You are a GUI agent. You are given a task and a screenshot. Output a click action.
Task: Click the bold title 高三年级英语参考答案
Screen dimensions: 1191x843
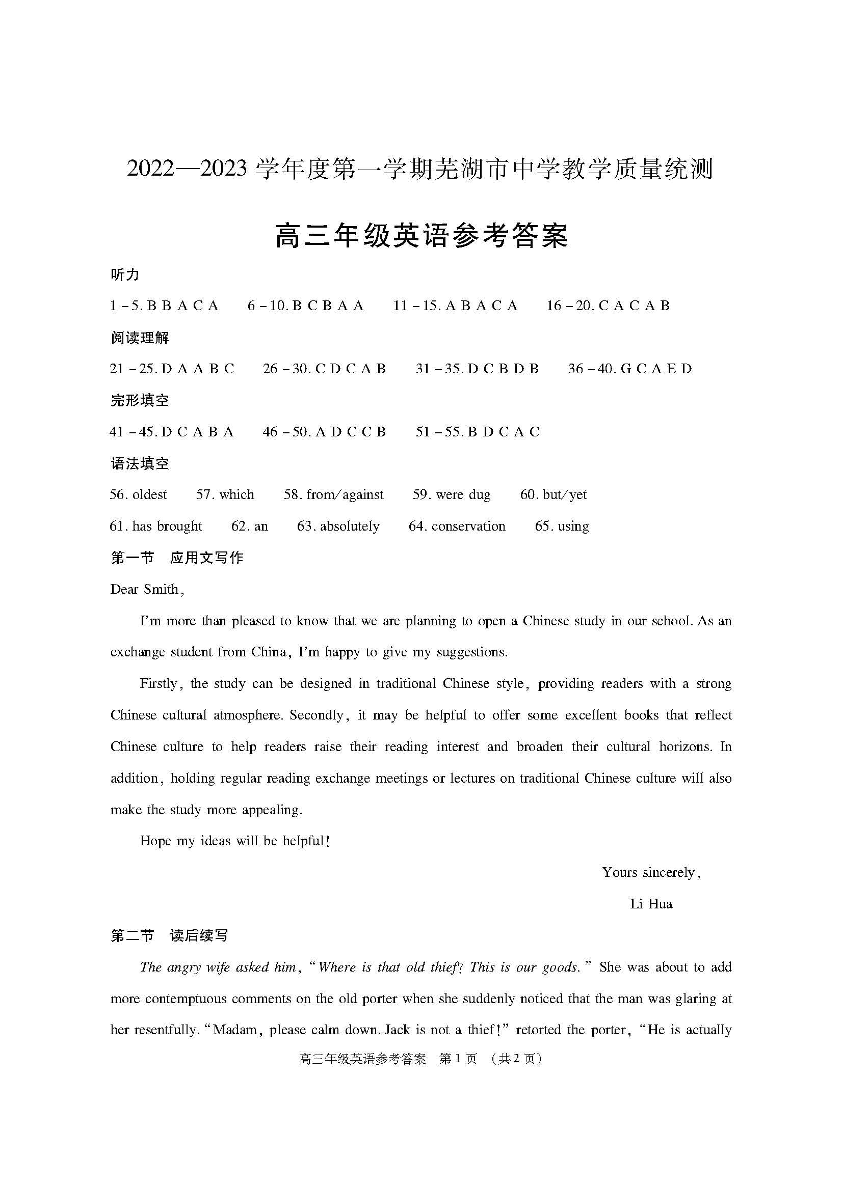point(421,236)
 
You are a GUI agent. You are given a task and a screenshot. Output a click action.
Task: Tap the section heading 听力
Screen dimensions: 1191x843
point(124,274)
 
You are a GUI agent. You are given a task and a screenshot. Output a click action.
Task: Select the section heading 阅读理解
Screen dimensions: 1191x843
point(140,338)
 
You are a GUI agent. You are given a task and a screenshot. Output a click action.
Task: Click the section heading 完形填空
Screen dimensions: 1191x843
point(140,400)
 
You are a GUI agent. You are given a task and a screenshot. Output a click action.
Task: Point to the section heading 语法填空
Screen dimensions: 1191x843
point(140,463)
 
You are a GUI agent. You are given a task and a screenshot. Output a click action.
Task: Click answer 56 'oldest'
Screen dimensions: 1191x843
point(139,494)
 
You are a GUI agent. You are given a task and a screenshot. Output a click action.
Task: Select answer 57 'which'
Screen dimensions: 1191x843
point(225,494)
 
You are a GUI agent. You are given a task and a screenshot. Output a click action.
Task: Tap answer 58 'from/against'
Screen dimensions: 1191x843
point(334,494)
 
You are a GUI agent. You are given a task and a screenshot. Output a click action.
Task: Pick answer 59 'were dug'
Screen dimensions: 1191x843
point(452,494)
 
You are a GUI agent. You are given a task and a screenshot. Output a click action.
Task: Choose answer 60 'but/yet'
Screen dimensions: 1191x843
point(554,494)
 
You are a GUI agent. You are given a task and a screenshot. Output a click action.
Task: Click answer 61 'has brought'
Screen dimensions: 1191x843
point(156,526)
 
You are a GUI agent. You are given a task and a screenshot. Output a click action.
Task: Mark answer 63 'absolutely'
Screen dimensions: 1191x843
point(338,526)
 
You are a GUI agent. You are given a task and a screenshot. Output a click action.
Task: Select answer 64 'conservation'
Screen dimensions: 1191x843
point(457,526)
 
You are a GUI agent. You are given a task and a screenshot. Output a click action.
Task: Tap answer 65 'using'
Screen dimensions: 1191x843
point(562,526)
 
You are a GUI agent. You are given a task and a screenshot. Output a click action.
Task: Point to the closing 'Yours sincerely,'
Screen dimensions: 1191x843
point(651,873)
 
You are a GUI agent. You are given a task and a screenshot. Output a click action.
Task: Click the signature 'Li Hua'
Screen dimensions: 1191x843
point(651,904)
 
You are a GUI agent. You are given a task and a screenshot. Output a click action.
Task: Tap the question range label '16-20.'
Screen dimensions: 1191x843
point(570,306)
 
